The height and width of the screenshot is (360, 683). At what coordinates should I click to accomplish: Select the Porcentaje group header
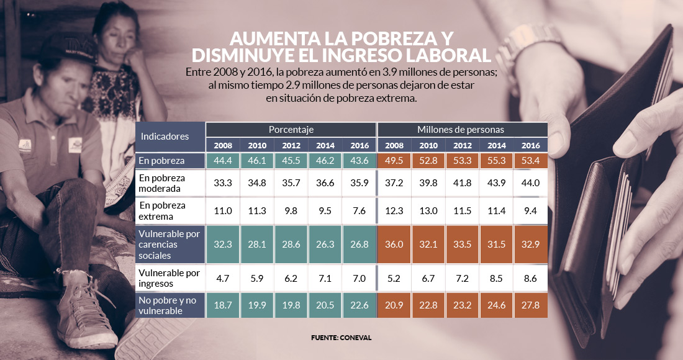pos(291,129)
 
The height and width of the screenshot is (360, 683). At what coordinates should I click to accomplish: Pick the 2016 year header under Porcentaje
pos(359,145)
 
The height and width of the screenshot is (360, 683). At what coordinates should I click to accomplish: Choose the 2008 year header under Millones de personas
pos(394,145)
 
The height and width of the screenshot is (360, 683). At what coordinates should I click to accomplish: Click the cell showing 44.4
pos(222,161)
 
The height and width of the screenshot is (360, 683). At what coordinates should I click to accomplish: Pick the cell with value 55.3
pos(496,161)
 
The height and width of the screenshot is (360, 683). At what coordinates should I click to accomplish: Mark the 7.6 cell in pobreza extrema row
pos(359,210)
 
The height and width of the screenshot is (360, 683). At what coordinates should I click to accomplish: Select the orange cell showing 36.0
pos(394,243)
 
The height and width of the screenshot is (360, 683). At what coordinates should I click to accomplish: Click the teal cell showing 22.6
pos(359,306)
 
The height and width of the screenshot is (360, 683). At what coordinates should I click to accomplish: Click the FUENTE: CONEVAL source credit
pos(341,338)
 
